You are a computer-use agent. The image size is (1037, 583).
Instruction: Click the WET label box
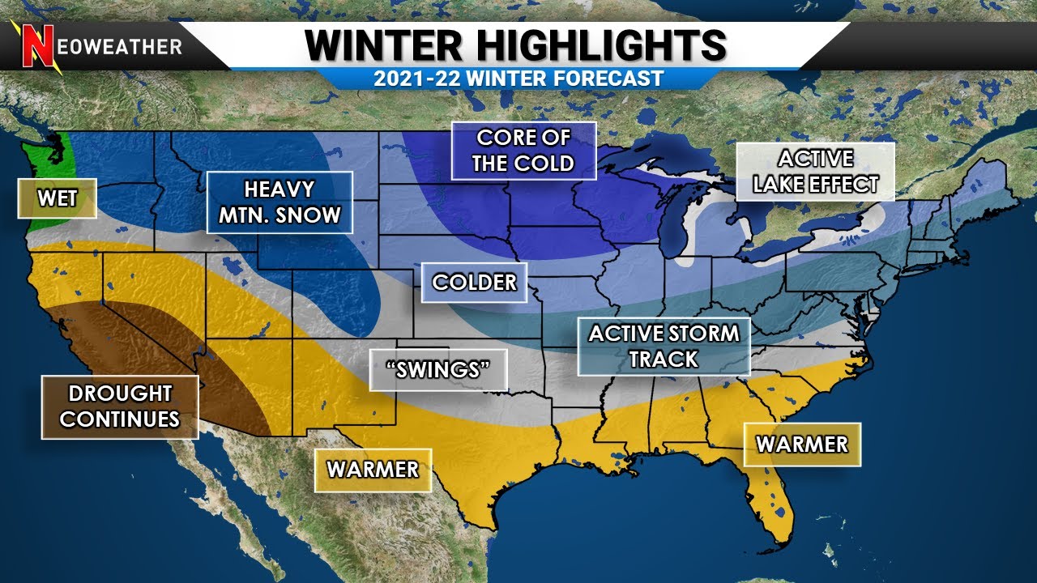click(x=58, y=198)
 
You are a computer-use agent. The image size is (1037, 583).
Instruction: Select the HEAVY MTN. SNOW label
click(x=280, y=202)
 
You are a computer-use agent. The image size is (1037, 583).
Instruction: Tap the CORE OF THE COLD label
click(x=523, y=151)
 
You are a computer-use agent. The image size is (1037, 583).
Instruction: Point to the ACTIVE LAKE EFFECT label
click(x=815, y=172)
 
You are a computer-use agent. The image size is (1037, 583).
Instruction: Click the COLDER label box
click(x=474, y=283)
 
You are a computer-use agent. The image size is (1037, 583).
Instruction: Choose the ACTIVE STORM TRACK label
click(x=664, y=346)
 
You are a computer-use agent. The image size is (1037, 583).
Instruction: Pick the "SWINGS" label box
click(x=438, y=370)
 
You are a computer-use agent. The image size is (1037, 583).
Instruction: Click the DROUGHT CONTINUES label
click(x=120, y=406)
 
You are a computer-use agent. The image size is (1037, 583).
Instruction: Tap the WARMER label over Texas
click(x=373, y=470)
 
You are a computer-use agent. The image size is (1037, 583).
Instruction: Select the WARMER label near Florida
click(x=801, y=445)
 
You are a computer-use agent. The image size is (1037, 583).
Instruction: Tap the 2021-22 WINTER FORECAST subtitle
click(x=518, y=79)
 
